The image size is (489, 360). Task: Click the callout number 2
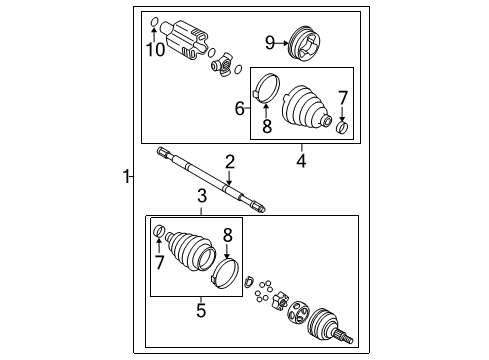coord(229,162)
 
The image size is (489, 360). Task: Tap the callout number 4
coord(300,157)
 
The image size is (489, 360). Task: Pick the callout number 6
coord(240,107)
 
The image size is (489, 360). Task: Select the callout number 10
coord(156,49)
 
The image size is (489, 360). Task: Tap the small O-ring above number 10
coord(153,22)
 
